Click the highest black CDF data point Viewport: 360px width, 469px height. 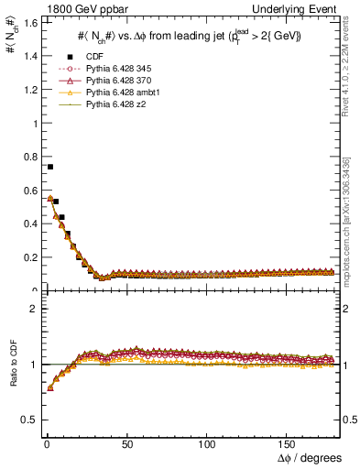(x=49, y=167)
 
